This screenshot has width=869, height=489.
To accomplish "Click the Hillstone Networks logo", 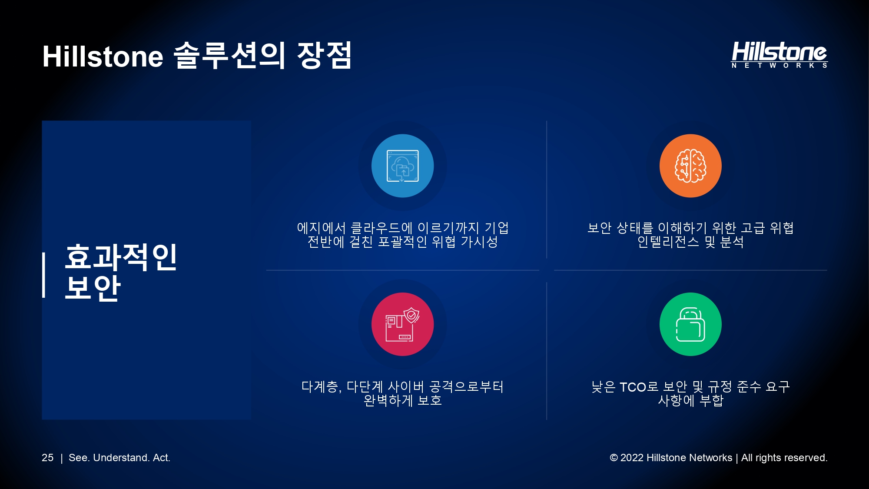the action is [779, 55].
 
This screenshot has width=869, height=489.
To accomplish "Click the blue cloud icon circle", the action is [402, 166].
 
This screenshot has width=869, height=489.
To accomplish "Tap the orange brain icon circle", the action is [690, 166].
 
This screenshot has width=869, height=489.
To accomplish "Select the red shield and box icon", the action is [402, 324].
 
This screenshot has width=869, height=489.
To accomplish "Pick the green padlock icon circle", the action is [690, 324].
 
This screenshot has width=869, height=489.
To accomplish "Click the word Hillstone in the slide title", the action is [103, 57].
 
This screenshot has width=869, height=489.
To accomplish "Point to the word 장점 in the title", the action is [324, 55].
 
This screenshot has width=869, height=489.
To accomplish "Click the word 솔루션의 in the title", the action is [229, 55].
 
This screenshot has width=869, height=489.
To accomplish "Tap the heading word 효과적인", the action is [121, 257].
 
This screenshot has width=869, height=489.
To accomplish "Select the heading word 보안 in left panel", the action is [93, 287].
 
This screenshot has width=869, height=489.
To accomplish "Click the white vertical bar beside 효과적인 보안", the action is [44, 275].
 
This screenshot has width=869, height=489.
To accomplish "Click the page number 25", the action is [47, 458].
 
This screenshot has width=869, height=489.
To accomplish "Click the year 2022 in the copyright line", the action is [632, 458].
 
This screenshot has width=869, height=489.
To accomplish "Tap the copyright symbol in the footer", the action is [614, 458].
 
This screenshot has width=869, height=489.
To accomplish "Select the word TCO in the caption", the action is [633, 387].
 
